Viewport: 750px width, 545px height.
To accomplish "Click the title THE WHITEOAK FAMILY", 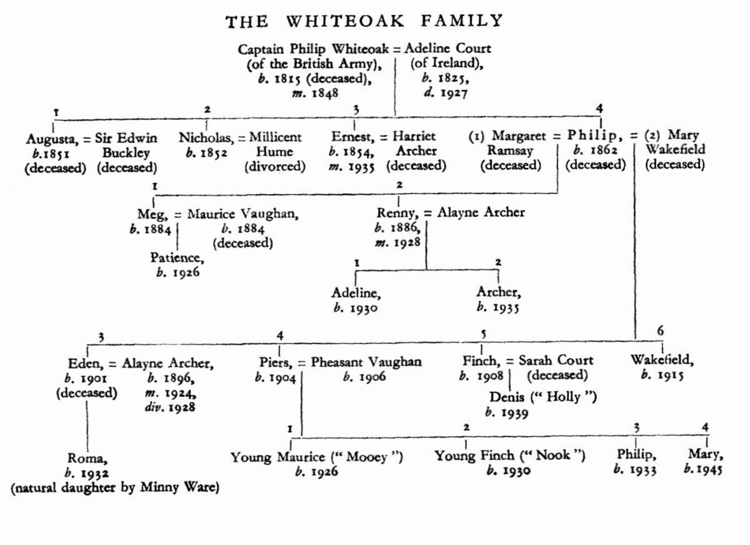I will [x=364, y=22].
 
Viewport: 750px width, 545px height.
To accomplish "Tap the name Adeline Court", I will [x=448, y=48].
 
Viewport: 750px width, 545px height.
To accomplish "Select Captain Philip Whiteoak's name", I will [x=314, y=48].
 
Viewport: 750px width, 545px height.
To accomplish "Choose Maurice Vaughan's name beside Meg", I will [x=243, y=213].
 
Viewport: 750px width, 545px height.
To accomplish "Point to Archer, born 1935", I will [x=498, y=292].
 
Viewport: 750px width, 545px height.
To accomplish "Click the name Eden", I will [x=86, y=361].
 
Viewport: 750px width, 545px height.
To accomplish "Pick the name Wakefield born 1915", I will [x=662, y=360].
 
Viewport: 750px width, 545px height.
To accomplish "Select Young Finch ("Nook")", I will [x=510, y=456].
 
